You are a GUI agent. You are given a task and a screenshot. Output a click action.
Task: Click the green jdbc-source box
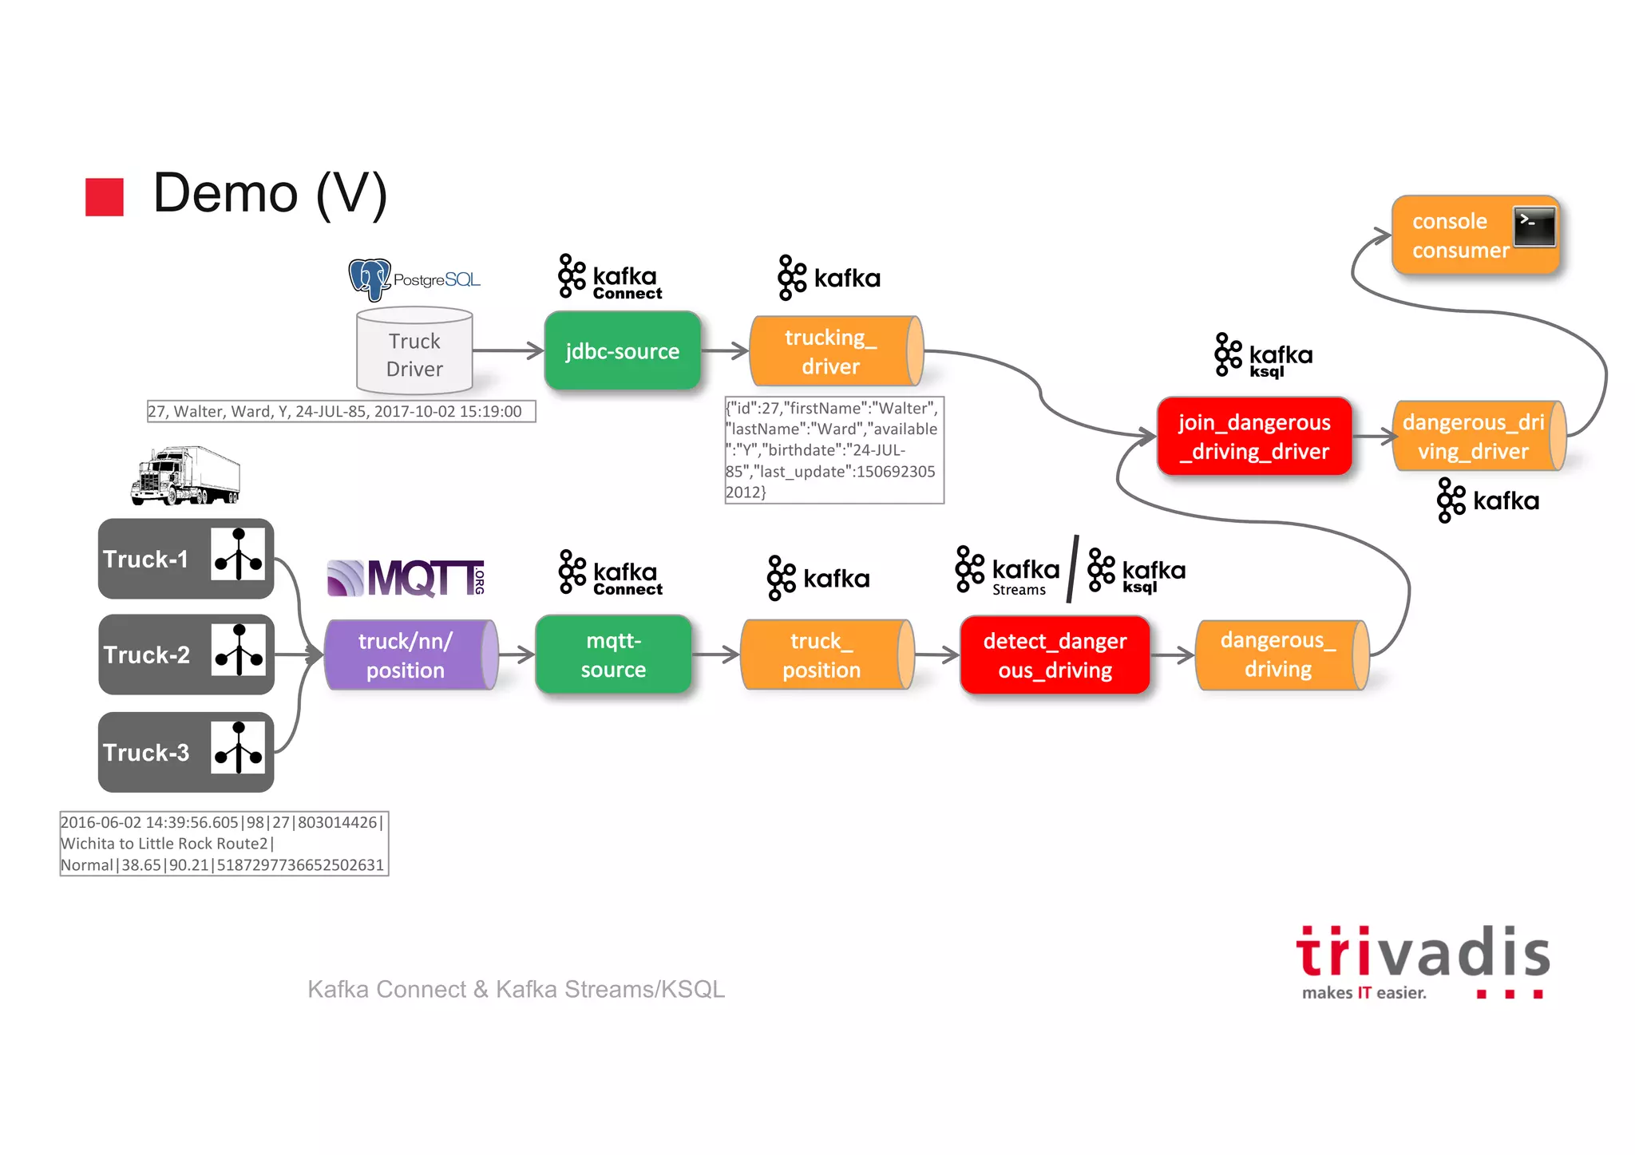click(x=623, y=351)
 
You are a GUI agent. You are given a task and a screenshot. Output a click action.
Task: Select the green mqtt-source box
click(x=613, y=655)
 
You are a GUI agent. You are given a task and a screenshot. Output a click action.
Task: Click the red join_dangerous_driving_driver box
click(x=1254, y=437)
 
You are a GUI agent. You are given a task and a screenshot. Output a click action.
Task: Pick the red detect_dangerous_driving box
click(x=1055, y=655)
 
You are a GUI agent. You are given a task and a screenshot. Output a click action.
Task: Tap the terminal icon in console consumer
click(x=1534, y=227)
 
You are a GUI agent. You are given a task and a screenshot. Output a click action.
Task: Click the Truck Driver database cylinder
click(x=414, y=352)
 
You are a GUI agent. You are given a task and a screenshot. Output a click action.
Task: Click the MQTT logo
click(x=406, y=578)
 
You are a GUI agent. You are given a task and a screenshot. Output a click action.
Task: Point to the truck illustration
click(x=185, y=476)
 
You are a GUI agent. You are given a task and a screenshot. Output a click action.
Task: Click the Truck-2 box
click(x=186, y=655)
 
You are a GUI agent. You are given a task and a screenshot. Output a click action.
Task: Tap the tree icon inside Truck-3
click(x=238, y=748)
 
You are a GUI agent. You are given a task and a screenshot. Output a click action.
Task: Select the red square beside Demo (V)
click(x=105, y=197)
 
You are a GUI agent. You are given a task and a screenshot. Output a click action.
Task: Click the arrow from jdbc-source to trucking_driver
click(x=725, y=350)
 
